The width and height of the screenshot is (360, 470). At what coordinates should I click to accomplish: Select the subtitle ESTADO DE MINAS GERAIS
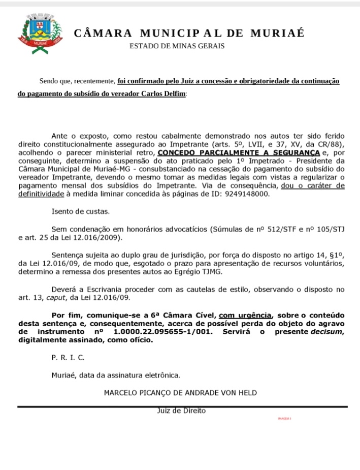[x=177, y=46]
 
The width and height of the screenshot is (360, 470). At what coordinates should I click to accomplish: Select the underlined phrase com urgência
[x=245, y=315]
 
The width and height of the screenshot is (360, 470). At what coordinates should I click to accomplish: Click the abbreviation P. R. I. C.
[x=68, y=358]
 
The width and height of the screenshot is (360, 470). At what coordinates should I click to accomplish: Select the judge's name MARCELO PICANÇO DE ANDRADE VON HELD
[x=180, y=392]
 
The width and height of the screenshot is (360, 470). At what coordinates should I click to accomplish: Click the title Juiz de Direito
[x=181, y=411]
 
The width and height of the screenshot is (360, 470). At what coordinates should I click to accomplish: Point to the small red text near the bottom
[x=284, y=419]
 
